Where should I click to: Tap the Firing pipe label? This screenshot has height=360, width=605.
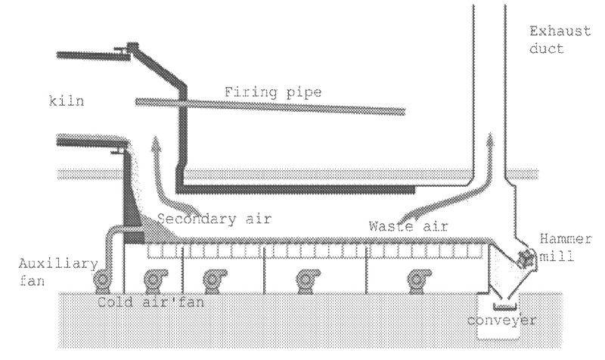click(273, 93)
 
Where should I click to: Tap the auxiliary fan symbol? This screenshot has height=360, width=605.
click(101, 281)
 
